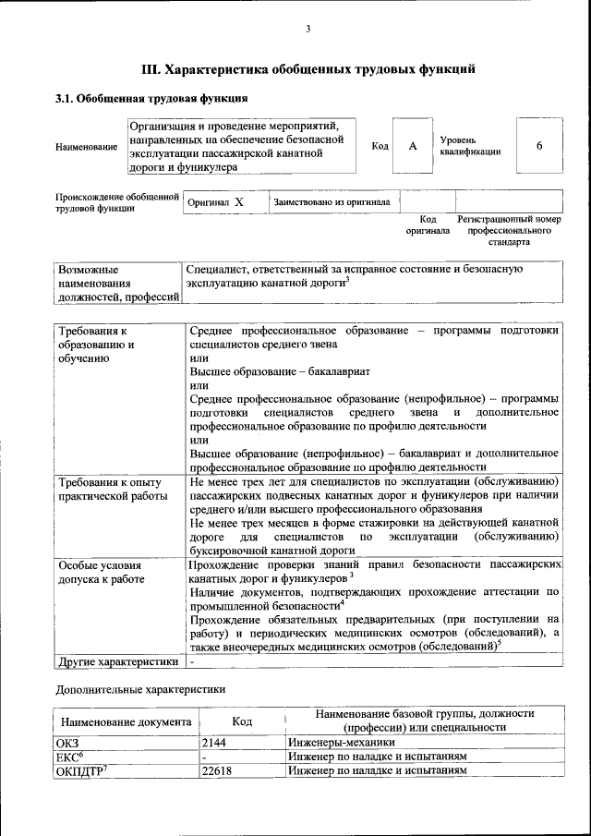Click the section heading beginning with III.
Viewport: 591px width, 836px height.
coord(308,68)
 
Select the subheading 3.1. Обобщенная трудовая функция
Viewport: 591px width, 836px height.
coord(151,97)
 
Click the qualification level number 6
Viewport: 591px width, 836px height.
coord(538,146)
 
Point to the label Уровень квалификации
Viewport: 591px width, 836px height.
coord(470,145)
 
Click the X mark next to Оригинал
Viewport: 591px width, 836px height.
coord(239,201)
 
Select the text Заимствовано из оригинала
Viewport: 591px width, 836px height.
coord(331,201)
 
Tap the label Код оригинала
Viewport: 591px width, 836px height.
coord(428,225)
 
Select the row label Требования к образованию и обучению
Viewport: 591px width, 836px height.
coord(97,344)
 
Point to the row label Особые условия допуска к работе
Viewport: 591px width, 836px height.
coord(101,571)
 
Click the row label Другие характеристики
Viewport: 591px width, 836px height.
coord(117,661)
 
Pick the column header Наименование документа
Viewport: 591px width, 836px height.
coord(127,721)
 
